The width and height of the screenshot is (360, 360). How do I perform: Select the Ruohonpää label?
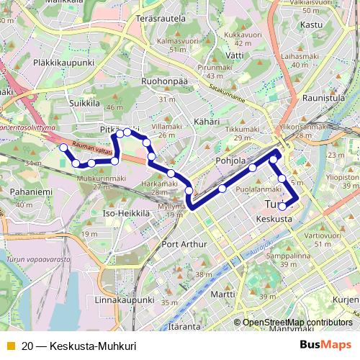tap(164, 81)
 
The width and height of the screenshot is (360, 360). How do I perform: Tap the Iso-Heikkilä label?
tap(126, 214)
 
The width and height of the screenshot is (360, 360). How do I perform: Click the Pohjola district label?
tap(232, 160)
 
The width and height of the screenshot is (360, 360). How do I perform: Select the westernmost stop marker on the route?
tap(63, 148)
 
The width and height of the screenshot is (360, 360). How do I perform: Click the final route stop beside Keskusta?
tap(282, 207)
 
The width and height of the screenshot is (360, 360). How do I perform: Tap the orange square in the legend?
tap(9, 346)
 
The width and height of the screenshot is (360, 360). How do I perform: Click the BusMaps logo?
tap(326, 345)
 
